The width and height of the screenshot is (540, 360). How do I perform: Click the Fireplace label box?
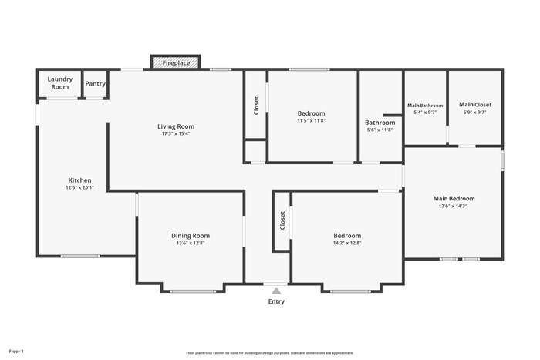click(x=175, y=62)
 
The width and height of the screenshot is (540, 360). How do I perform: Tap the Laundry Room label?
click(x=60, y=83)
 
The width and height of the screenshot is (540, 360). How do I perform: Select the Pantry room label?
click(x=95, y=83)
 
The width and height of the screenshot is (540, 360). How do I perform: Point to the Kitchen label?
click(x=79, y=180)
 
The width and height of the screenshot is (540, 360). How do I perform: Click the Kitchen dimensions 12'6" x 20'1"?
click(x=79, y=188)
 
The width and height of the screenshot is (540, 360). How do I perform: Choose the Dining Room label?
click(x=191, y=236)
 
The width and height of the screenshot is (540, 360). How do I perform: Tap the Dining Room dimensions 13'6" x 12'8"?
click(x=191, y=243)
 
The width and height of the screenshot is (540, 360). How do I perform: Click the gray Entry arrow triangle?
click(x=276, y=291)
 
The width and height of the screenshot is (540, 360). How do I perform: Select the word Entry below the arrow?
click(x=276, y=301)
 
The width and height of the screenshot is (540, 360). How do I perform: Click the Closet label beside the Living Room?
click(x=256, y=106)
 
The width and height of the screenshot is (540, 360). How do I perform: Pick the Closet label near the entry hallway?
click(x=282, y=220)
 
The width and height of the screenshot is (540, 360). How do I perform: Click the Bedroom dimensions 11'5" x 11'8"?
click(x=312, y=120)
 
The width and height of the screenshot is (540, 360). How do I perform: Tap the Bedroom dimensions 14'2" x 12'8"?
click(x=347, y=243)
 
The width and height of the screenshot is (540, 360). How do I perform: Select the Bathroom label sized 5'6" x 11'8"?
click(x=380, y=123)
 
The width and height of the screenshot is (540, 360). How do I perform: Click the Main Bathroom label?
click(x=425, y=105)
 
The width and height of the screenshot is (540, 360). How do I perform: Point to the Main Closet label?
click(x=475, y=105)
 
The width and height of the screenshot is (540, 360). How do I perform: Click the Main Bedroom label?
click(x=454, y=198)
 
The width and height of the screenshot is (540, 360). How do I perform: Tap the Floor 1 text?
click(x=16, y=351)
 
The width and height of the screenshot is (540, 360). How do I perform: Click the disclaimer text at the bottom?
click(x=269, y=352)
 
